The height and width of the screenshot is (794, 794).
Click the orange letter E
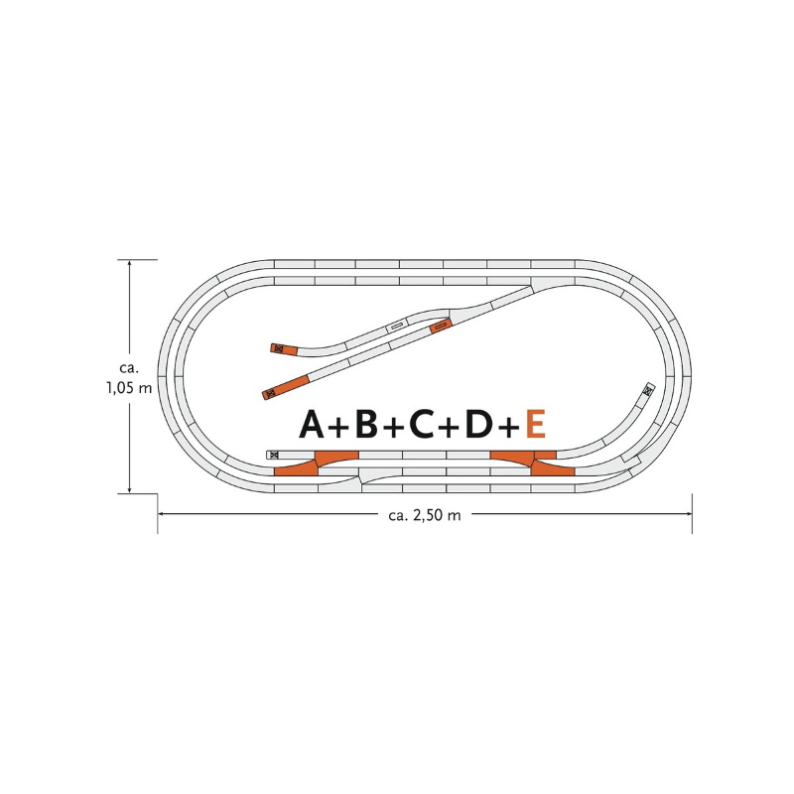536,424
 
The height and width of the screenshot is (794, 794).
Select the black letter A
312,424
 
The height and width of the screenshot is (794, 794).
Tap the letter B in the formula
366,424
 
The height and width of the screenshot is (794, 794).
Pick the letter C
422,424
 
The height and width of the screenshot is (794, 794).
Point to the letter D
478,424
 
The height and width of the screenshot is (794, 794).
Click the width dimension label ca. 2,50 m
425,515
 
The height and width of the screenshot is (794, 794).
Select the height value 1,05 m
129,388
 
